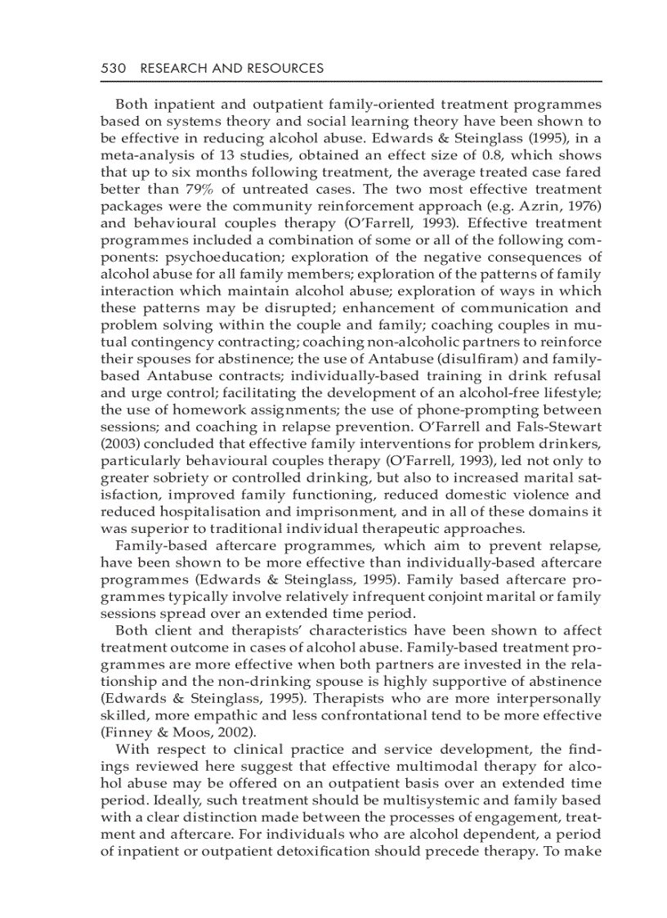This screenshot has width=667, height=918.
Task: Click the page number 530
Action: (x=112, y=69)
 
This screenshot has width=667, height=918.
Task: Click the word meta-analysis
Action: (x=143, y=155)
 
